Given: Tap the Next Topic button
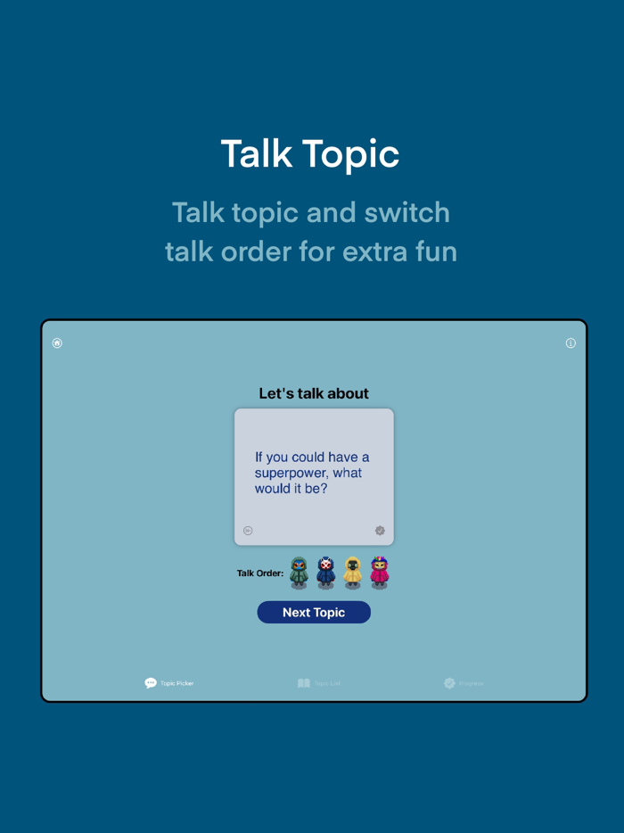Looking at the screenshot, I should (x=314, y=613).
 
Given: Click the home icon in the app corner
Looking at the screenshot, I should (x=57, y=343).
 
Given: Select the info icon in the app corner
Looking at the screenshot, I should (x=571, y=343).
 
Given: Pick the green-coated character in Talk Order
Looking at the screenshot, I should (x=300, y=573).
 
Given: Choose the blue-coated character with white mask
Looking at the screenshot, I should (x=326, y=573).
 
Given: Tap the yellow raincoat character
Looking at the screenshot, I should (x=353, y=573).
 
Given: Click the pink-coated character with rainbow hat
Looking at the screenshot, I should (x=380, y=573).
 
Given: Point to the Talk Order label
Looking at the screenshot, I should (x=259, y=573).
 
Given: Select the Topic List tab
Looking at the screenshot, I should (x=319, y=683).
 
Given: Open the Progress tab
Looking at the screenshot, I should (x=464, y=683).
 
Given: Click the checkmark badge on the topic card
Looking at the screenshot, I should (x=380, y=531).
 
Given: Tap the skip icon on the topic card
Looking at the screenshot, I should (x=248, y=531).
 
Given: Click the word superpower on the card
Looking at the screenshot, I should (x=290, y=473).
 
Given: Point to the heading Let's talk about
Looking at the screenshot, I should (x=314, y=393).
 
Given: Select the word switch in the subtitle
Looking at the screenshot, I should (x=409, y=213).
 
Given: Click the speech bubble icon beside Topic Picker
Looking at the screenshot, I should (x=151, y=683).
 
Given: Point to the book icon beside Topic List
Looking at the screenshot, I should (x=304, y=683).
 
